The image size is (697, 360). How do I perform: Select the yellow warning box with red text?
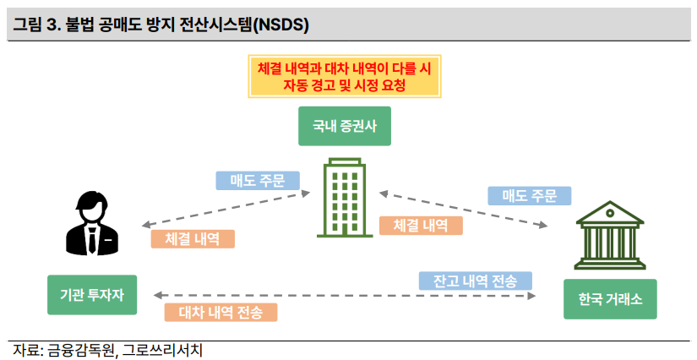pyautogui.click(x=344, y=75)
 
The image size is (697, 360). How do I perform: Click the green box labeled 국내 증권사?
pyautogui.click(x=344, y=127)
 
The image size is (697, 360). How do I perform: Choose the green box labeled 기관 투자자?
pyautogui.click(x=91, y=295)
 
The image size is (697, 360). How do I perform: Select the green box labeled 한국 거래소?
pyautogui.click(x=609, y=300)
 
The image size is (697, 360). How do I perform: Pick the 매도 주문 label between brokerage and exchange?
pyautogui.click(x=530, y=196)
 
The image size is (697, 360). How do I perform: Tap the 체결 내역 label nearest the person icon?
pyautogui.click(x=193, y=239)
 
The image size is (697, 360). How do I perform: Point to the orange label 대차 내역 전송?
pyautogui.click(x=221, y=313)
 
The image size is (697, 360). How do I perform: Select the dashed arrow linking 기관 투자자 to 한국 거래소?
pyautogui.click(x=346, y=296)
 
